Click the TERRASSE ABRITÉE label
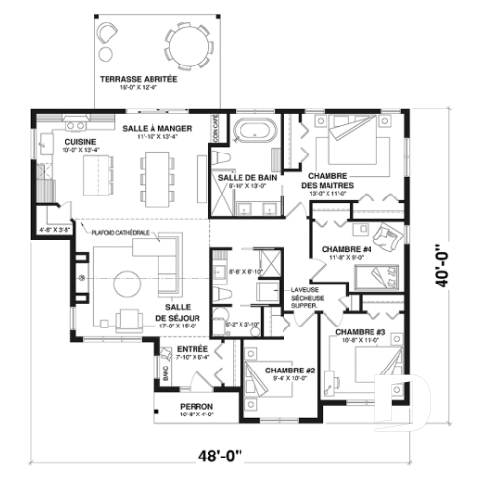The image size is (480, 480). [138, 78]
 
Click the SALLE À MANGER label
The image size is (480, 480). [155, 129]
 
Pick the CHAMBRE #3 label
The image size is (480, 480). [362, 334]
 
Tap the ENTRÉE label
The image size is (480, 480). [193, 349]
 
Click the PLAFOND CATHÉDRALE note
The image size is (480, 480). [119, 232]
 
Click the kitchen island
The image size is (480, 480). [98, 179]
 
